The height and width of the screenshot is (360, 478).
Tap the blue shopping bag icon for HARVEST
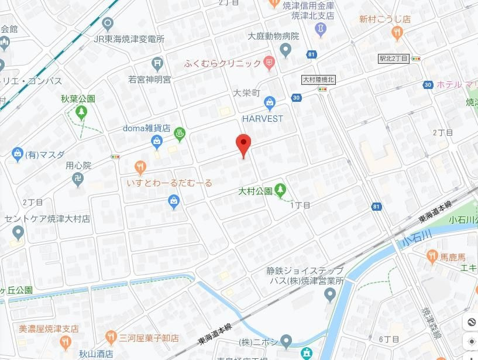[x=270, y=104]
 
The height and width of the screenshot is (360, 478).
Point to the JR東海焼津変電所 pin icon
[x=107, y=24]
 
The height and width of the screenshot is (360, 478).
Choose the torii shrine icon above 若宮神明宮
[x=157, y=63]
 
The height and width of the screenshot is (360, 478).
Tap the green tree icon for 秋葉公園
[x=81, y=111]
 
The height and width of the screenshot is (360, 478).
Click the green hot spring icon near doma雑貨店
[x=180, y=132]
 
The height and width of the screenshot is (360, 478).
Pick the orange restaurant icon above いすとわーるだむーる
[x=140, y=168]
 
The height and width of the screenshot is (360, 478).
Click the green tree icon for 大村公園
[x=281, y=190]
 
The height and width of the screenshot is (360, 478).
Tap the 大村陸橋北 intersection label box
[x=318, y=80]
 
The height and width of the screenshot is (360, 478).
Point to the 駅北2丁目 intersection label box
[x=393, y=59]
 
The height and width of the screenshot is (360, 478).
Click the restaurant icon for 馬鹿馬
[x=432, y=255]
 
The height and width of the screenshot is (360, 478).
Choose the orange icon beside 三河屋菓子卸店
[x=111, y=337]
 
